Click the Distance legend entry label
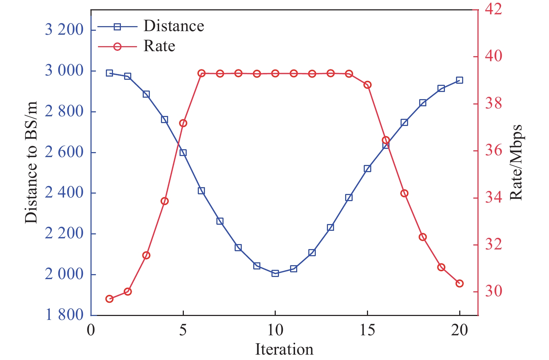174,26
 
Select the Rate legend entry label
159,46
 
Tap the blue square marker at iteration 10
275,273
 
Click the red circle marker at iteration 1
109,299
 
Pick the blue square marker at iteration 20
460,80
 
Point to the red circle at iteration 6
201,73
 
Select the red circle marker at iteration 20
460,283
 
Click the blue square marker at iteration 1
109,73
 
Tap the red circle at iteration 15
367,85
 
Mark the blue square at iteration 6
201,191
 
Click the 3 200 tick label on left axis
64,30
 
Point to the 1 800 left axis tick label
64,315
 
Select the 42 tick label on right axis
493,9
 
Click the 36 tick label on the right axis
493,151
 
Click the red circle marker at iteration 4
165,201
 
